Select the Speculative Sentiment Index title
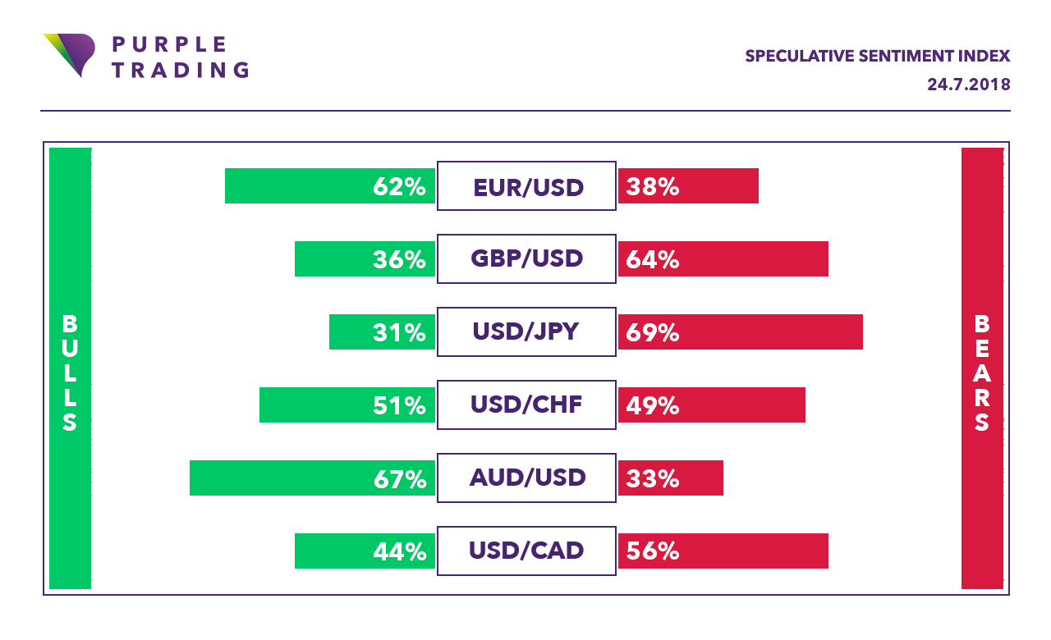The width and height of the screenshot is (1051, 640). [x=877, y=57]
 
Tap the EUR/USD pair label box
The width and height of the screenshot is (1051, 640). [x=526, y=186]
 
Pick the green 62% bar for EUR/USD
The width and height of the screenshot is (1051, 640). [x=330, y=186]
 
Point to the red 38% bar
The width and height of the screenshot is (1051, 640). [x=688, y=186]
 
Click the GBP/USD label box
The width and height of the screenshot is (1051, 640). [x=526, y=259]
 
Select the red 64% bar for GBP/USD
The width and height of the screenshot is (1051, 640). [x=723, y=259]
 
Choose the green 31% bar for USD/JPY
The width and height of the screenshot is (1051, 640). [x=382, y=332]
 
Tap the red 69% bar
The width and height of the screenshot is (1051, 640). [x=740, y=332]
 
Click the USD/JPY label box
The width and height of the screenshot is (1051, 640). [x=526, y=332]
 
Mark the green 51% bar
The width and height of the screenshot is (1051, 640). [x=347, y=405]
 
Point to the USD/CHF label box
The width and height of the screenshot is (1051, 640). [x=526, y=405]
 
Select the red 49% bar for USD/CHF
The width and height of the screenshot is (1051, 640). [x=711, y=405]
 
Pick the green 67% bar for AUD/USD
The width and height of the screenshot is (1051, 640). [x=312, y=478]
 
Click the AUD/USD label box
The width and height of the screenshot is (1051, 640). [x=526, y=478]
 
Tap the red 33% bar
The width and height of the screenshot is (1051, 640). [x=670, y=478]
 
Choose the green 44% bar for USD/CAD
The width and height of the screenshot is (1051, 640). [x=365, y=551]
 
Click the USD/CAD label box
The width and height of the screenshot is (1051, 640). [x=526, y=551]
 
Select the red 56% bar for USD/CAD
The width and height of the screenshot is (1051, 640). [x=723, y=551]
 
